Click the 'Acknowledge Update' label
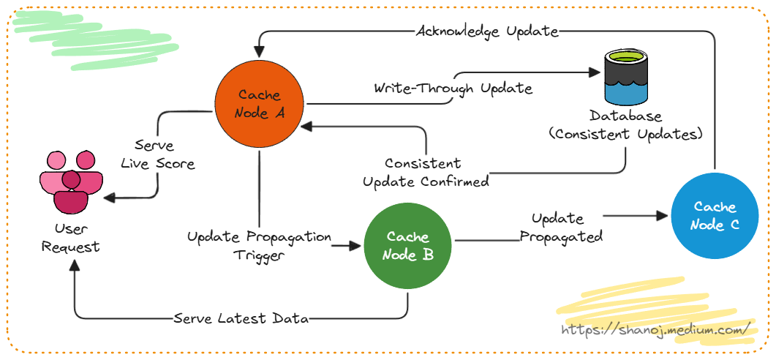487,31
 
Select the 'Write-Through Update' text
453,89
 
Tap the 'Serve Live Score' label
154,154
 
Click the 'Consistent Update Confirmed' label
426,172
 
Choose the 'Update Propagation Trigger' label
259,246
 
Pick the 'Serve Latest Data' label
241,318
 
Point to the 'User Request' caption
71,238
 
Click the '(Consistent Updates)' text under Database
626,135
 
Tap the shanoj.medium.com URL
656,330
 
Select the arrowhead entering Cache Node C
664,216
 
